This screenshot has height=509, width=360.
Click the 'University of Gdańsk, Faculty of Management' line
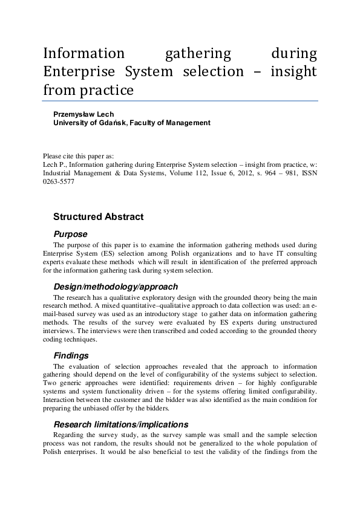pos(132,123)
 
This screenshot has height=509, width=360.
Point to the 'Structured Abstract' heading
pos(98,216)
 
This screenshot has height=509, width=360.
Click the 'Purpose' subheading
pos(70,234)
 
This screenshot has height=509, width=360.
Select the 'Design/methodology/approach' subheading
pos(116,287)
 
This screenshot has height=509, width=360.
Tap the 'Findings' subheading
pos(71,356)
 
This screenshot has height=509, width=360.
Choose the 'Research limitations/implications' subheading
pos(121,425)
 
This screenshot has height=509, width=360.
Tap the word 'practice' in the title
pos(106,91)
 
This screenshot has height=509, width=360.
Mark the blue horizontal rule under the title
pos(180,101)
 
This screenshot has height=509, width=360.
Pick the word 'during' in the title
pos(294,54)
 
